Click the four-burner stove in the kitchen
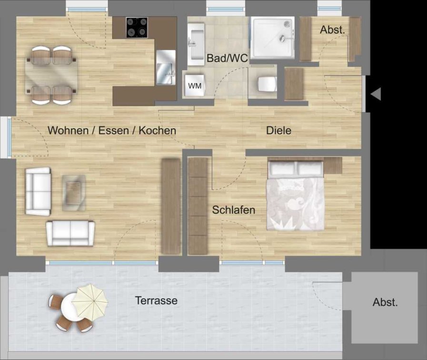(137, 28)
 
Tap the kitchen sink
(166, 68)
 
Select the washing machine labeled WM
(194, 86)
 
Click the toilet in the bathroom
(267, 84)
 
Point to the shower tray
(273, 38)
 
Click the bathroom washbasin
(196, 44)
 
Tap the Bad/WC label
(228, 58)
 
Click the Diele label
(278, 130)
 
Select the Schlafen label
(234, 210)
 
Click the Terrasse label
(156, 301)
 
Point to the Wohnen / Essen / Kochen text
(112, 130)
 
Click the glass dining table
(51, 75)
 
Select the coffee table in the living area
(74, 193)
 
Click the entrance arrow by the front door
(376, 94)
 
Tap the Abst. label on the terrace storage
(385, 302)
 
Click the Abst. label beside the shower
(332, 29)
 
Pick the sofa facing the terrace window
(70, 234)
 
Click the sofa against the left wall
(38, 191)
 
